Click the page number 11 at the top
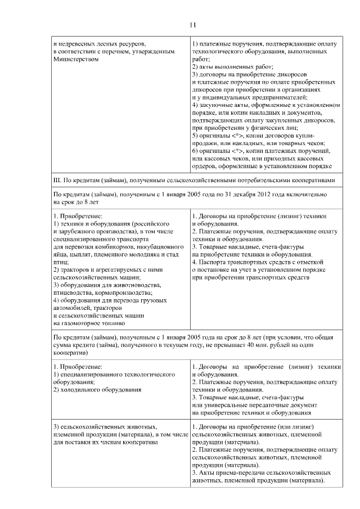(192, 24)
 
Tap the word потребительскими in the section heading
(266, 180)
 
